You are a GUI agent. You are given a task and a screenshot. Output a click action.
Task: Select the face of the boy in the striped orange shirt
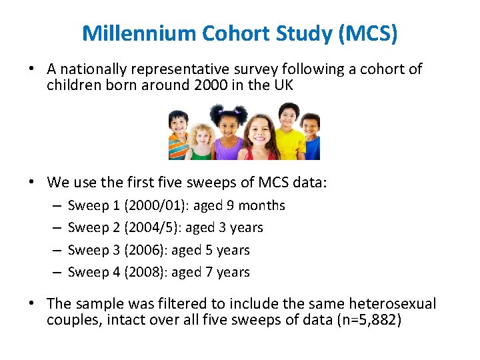coord(179,125)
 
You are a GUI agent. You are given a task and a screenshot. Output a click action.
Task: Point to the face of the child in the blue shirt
coord(311,126)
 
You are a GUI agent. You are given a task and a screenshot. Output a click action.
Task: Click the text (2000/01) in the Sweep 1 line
coord(157,206)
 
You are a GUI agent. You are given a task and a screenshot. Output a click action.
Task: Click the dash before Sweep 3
coord(53,251)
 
